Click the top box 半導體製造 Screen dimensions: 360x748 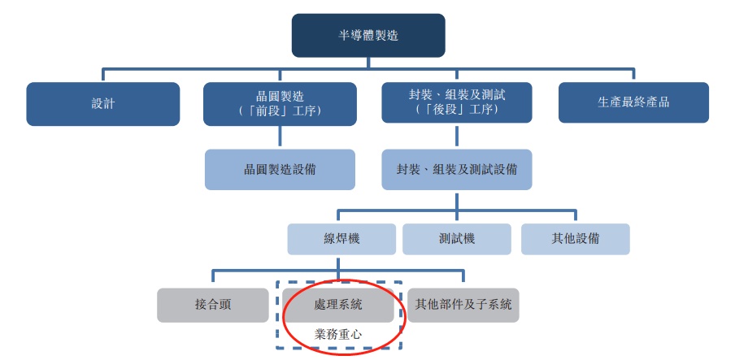[368, 36]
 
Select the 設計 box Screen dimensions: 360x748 [103, 104]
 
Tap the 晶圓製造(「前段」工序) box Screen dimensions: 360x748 [280, 103]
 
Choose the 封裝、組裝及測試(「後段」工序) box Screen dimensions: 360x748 [457, 103]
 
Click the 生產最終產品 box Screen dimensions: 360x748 [633, 103]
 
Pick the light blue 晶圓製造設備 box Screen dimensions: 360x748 [280, 170]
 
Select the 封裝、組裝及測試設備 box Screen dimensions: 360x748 [457, 170]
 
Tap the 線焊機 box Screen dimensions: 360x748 [341, 239]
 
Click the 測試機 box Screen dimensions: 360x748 [458, 239]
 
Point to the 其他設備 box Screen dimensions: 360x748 [575, 239]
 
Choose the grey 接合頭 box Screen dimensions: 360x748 [213, 305]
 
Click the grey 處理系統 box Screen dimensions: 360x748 [338, 305]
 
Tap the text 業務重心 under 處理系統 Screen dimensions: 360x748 [338, 333]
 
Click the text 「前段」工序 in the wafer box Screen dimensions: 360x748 [280, 111]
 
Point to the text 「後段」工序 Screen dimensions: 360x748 [457, 111]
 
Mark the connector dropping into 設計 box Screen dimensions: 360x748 [103, 75]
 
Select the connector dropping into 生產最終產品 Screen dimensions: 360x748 [633, 75]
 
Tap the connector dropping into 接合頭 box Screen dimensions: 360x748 [213, 279]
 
